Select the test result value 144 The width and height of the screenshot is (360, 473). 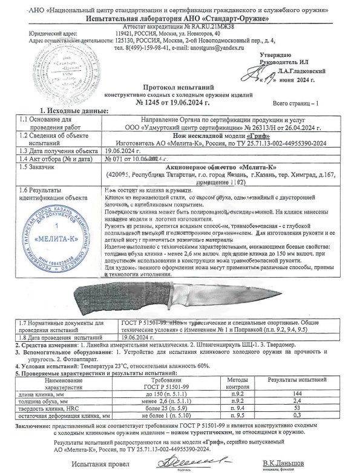[x=298, y=393]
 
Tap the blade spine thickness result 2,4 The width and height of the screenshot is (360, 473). [x=298, y=400]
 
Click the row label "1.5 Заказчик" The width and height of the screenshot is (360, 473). [x=37, y=165]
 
